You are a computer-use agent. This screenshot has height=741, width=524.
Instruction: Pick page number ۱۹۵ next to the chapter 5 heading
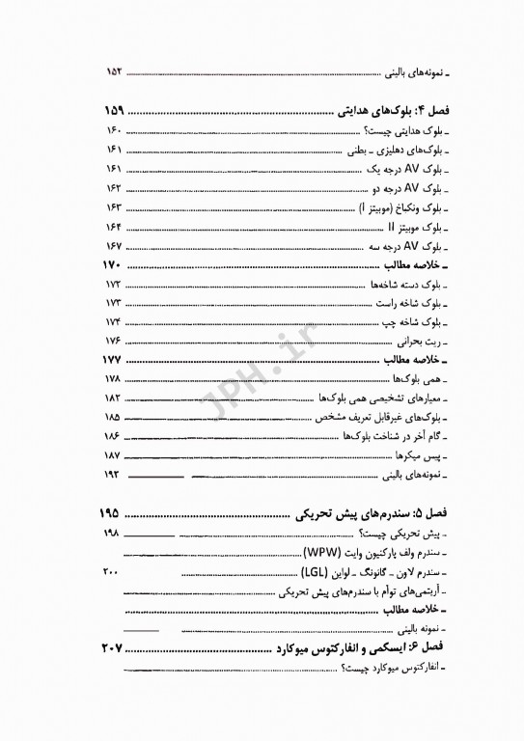117,510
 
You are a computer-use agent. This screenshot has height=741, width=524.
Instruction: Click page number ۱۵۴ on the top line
116,72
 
